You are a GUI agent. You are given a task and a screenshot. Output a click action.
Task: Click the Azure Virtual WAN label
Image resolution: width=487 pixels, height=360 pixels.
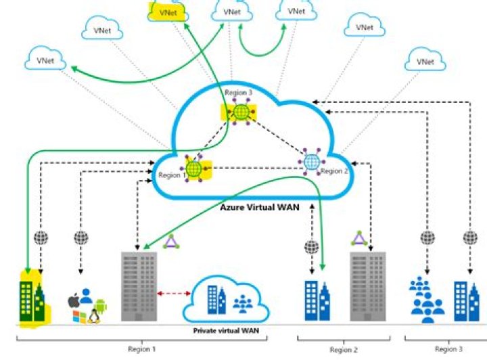tap(260, 207)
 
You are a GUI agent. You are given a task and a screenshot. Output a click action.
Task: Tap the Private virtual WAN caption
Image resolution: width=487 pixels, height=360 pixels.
tap(226, 330)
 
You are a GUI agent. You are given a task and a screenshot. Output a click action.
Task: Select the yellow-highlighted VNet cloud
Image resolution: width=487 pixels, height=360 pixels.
tap(168, 12)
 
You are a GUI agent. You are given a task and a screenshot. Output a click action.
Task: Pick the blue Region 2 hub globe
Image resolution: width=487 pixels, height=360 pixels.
tap(312, 162)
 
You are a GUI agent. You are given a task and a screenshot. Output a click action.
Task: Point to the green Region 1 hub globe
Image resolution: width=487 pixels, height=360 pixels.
tap(194, 169)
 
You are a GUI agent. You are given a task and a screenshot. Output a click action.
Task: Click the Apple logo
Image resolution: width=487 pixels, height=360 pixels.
tap(73, 300)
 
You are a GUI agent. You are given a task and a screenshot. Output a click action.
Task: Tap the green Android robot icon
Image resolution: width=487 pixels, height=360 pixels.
tap(101, 305)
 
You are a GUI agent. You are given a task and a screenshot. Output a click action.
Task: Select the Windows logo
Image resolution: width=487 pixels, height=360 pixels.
tap(80, 317)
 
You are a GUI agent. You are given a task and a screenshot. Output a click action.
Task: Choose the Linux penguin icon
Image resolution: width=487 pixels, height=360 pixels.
tap(93, 317)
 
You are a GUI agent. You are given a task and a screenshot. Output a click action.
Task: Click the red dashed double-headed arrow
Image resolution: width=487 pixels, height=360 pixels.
tap(174, 293)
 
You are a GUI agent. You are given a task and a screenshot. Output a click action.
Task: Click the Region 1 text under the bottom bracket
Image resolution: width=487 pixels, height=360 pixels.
tap(141, 349)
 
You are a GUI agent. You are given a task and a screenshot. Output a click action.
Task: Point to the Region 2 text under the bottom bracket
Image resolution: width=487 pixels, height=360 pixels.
tap(344, 350)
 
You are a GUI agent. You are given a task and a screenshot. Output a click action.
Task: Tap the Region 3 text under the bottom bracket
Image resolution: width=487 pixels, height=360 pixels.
tap(448, 349)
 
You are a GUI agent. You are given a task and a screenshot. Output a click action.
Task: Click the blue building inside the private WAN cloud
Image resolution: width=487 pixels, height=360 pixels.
tap(216, 300)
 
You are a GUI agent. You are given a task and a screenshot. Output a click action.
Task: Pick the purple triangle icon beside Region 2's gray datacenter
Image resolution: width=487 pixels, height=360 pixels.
tap(359, 239)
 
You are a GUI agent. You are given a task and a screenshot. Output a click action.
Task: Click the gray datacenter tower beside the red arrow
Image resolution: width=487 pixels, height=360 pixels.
tap(139, 286)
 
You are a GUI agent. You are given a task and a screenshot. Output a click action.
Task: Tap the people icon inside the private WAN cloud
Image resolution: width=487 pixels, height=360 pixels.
tap(243, 304)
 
